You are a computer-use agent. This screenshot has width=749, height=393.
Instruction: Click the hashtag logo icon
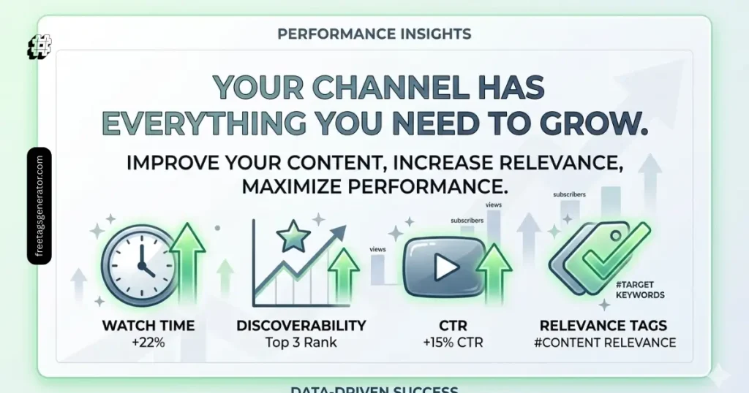point(39,47)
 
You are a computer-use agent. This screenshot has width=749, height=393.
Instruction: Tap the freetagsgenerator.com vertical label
point(39,205)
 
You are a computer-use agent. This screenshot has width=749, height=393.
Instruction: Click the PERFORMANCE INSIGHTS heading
point(374,34)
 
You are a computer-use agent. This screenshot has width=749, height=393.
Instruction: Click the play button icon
point(443,268)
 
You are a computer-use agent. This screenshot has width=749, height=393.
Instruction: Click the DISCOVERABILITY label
point(301,325)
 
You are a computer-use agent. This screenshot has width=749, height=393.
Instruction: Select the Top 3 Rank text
point(301,342)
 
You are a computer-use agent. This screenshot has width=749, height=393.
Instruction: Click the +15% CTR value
point(453,342)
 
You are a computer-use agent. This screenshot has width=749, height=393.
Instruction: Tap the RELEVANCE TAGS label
point(603,325)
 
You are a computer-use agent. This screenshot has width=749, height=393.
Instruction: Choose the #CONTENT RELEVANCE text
point(603,342)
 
